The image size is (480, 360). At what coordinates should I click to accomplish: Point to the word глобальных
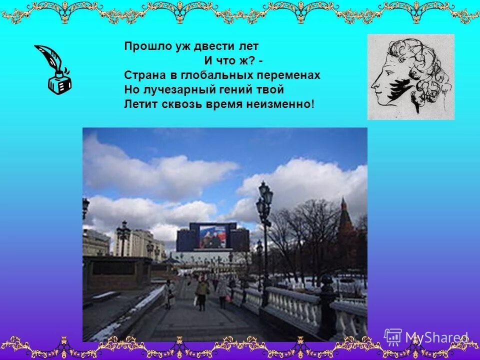[x=208, y=75]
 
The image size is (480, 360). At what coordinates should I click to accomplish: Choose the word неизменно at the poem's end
[x=286, y=104]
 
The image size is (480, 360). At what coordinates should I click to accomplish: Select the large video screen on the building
[x=212, y=236]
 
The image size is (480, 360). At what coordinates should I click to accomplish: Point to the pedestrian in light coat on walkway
[x=202, y=292]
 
